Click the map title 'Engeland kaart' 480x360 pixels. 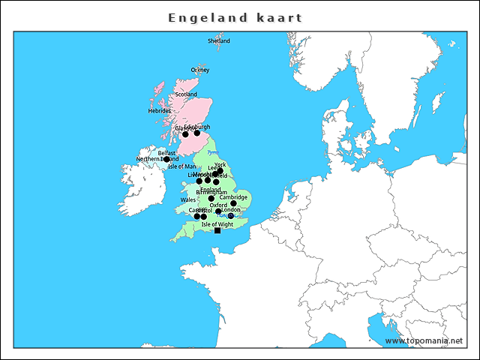pos(235,17)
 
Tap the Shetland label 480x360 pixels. pos(219,41)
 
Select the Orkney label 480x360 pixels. pos(200,70)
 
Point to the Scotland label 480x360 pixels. pos(186,94)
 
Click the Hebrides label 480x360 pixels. pos(160,111)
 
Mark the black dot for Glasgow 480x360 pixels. pos(185,134)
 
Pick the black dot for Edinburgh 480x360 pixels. pos(197,133)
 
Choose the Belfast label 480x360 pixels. pos(166,153)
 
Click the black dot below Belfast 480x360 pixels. pos(167,160)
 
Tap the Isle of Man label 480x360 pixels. pos(182,166)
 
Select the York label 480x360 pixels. pos(220,165)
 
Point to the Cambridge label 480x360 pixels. pos(233,197)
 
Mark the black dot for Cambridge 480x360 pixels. pos(234,203)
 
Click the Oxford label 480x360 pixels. pos(218,205)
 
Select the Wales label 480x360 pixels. pos(188,200)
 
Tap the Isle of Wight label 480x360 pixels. pos(217,224)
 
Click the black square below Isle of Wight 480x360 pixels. pos(217,230)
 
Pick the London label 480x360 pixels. pos(231,210)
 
